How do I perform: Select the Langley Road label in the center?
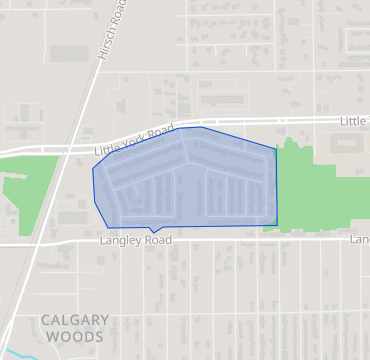click(x=136, y=241)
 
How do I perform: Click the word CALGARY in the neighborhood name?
click(x=75, y=320)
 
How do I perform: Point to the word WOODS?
click(x=75, y=337)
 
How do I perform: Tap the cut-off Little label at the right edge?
click(x=354, y=120)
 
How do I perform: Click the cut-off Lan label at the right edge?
click(x=360, y=240)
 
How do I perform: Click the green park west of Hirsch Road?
click(x=30, y=185)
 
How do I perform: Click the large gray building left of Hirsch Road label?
click(x=67, y=52)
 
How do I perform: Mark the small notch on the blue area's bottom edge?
click(x=152, y=230)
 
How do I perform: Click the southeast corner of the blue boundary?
click(x=276, y=225)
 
